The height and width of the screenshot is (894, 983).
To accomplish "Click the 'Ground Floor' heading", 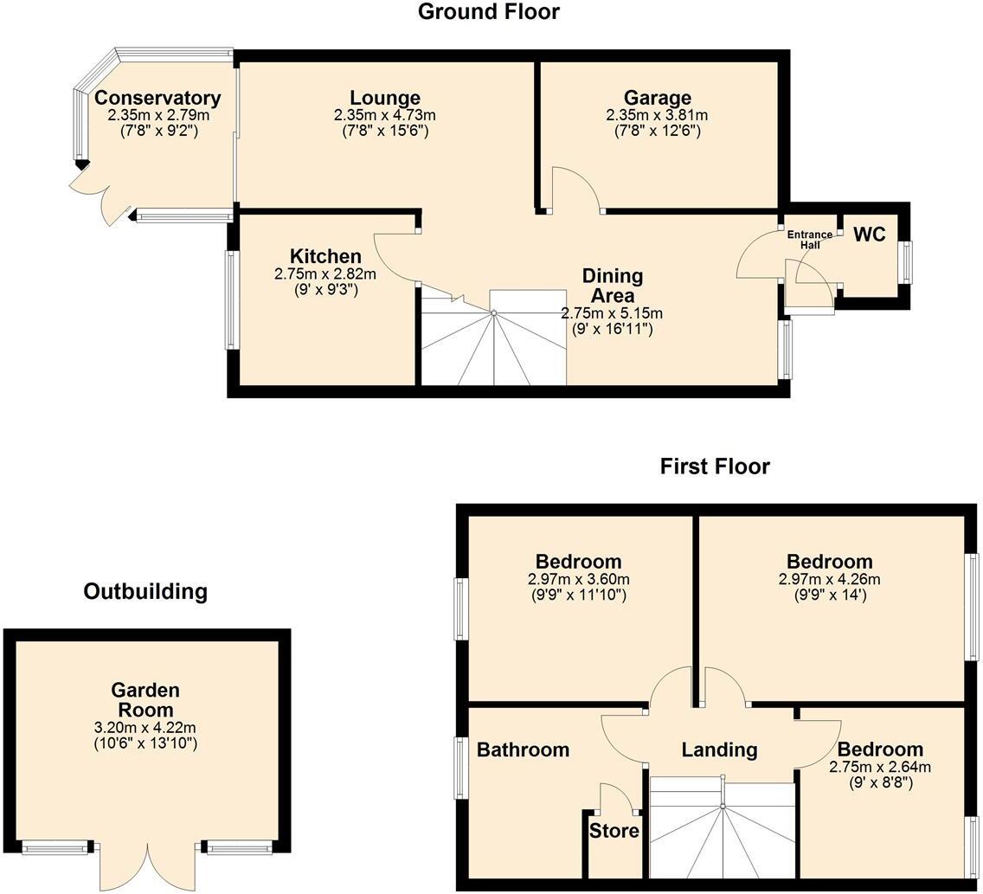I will pos(489,12).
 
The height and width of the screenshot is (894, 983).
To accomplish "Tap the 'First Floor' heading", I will pos(715,466).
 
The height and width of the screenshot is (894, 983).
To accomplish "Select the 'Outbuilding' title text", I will pos(145,591).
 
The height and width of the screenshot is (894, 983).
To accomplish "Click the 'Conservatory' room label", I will pos(157,98).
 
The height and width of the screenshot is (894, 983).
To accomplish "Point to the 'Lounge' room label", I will pos(385,98).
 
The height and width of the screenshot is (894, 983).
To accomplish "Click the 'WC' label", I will pos(870,235).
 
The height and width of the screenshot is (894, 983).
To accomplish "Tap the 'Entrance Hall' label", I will pos(809,240).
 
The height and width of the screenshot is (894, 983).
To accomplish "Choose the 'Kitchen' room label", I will pos(325,256).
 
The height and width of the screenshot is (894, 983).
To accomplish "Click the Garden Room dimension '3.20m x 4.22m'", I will pos(145,728).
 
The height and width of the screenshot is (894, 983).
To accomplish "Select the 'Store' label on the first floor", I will pos(614,832).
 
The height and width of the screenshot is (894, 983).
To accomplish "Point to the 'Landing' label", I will pos(719,749).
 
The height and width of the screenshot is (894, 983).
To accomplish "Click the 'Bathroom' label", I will pos(524,749).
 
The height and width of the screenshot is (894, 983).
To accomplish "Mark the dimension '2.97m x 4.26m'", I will pos(829,579).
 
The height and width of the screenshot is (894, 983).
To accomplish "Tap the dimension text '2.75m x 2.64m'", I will pos(880,767).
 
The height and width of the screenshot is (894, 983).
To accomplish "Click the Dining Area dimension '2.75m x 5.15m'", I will pos(612,312).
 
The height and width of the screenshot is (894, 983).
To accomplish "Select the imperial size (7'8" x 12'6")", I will pos(658,131).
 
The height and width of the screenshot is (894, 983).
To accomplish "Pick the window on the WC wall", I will pos(905,262).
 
